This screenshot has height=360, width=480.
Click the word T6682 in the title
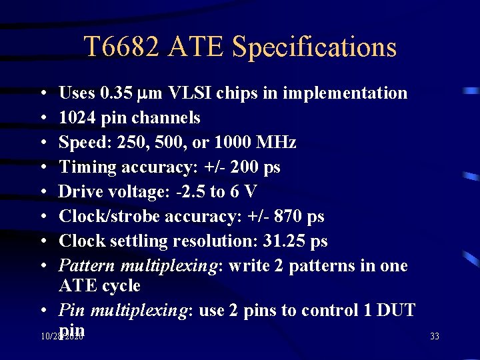tap(121, 47)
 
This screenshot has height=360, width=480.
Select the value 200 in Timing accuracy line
tap(240, 167)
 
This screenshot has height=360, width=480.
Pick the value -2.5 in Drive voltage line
tap(189, 191)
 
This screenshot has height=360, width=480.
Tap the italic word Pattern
tap(87, 265)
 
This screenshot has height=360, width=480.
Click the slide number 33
tap(435, 337)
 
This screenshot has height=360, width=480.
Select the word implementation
tap(345, 93)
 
